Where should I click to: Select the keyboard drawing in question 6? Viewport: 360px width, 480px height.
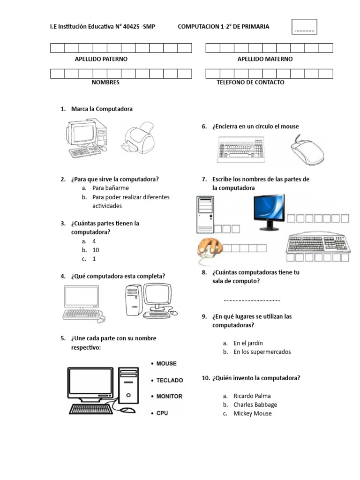[243, 150]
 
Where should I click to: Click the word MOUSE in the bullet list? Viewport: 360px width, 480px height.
[166, 363]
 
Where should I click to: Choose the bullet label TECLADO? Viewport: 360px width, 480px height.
[169, 380]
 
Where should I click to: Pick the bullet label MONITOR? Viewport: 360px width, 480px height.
[169, 397]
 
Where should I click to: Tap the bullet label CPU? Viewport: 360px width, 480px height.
[162, 413]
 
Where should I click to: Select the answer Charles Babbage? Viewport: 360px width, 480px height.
[255, 405]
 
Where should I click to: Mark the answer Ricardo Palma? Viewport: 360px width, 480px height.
[252, 396]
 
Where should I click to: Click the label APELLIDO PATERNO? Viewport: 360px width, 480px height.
[101, 59]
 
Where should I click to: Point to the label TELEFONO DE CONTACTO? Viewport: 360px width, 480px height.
[250, 82]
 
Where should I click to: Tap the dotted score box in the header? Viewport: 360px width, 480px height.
[305, 27]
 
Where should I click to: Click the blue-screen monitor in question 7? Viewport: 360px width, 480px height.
[269, 211]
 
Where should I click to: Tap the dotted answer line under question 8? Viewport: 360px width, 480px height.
[252, 300]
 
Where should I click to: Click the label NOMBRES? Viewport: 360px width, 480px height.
[105, 82]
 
